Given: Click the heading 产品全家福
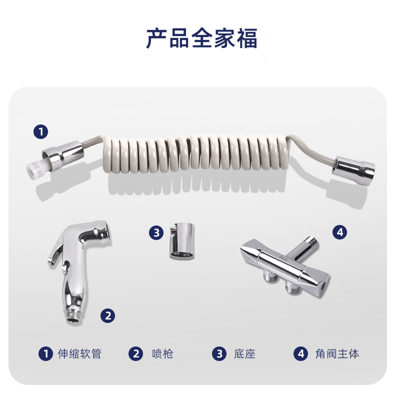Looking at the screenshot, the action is [x=202, y=38].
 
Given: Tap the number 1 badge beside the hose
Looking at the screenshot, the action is [x=40, y=132].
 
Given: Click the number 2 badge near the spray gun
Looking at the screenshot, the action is [x=108, y=315].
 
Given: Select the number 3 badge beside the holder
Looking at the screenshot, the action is [x=156, y=232].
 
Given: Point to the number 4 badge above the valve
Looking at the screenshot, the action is [x=339, y=232].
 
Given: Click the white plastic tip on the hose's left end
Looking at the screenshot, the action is [x=34, y=169].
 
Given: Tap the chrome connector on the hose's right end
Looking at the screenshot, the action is [x=353, y=170].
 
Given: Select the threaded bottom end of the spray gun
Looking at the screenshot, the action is [x=75, y=316].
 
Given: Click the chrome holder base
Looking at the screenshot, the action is [x=182, y=241].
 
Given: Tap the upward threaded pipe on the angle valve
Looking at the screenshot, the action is [x=303, y=249].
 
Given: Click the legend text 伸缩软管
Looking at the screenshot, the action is [x=79, y=353].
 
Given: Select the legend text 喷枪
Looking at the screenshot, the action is [x=162, y=353].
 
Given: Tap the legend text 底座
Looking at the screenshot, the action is [x=244, y=353].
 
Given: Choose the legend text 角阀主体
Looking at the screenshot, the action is [x=337, y=353].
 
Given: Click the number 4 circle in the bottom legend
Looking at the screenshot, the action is [x=300, y=353].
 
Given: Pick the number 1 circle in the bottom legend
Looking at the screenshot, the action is [x=45, y=353].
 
